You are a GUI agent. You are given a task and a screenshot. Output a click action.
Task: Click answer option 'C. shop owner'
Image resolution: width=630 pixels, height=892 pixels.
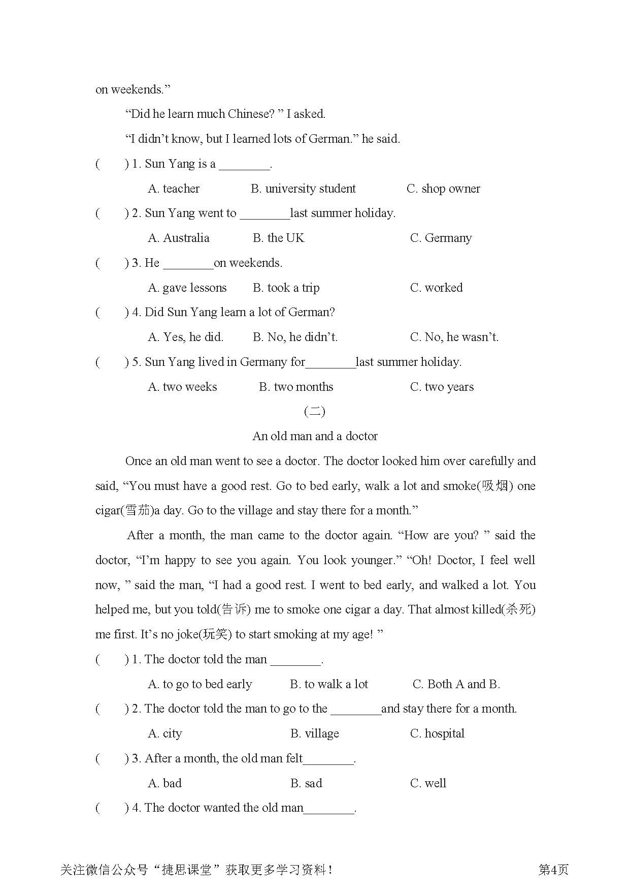tap(443, 189)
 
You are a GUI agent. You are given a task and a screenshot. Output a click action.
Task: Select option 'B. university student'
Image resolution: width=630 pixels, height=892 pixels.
tap(303, 189)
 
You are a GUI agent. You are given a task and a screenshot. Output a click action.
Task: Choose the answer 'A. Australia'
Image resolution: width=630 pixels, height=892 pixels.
tap(179, 238)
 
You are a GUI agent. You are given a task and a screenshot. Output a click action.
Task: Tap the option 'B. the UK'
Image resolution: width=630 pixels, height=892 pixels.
tap(278, 238)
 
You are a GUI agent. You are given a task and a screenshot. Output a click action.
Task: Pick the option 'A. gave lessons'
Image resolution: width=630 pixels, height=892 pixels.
tap(187, 288)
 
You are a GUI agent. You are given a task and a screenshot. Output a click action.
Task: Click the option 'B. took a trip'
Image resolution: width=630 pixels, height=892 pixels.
tap(286, 288)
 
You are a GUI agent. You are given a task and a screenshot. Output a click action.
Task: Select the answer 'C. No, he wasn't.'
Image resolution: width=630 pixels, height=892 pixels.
tap(454, 337)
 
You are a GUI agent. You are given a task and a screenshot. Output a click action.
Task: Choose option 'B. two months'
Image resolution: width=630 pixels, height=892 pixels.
tap(296, 387)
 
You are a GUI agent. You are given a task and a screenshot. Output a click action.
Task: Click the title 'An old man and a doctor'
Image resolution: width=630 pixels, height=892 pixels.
tap(315, 436)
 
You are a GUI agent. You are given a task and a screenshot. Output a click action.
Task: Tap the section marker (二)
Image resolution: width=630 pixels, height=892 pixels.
tap(315, 411)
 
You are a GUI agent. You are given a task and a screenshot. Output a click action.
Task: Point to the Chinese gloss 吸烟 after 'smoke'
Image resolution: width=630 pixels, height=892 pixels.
tap(494, 486)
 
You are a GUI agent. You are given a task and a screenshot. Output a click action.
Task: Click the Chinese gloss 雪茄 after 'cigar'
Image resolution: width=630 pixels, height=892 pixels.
tap(137, 510)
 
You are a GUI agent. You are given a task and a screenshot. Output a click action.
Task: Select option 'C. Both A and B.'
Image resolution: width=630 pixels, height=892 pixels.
tap(456, 684)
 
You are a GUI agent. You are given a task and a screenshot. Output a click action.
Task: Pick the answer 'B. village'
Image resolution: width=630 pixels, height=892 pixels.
tap(314, 733)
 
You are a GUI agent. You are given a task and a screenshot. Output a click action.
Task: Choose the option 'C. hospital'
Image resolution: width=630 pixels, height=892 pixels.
tap(437, 733)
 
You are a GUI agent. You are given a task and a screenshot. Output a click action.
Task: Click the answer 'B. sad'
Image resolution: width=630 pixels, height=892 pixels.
tap(306, 783)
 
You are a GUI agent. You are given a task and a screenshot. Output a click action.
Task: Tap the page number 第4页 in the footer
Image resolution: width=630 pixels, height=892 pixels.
tap(553, 870)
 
